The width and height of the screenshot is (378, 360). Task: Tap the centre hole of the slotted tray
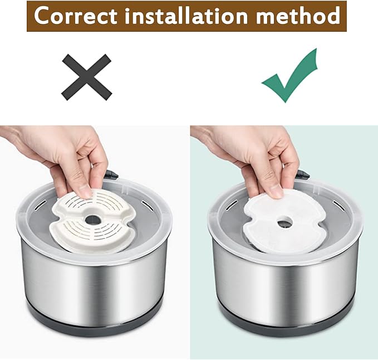pyautogui.click(x=94, y=220)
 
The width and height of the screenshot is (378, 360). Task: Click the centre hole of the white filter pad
pyautogui.click(x=284, y=222)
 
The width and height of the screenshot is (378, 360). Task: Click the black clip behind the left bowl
pyautogui.click(x=111, y=174)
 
